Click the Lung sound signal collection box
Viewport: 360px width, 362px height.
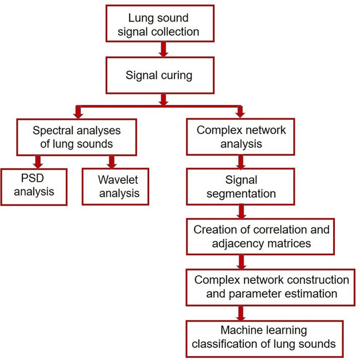(160, 24)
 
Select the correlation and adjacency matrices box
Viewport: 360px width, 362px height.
(261, 236)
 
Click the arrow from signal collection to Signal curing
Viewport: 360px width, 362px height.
(163, 49)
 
